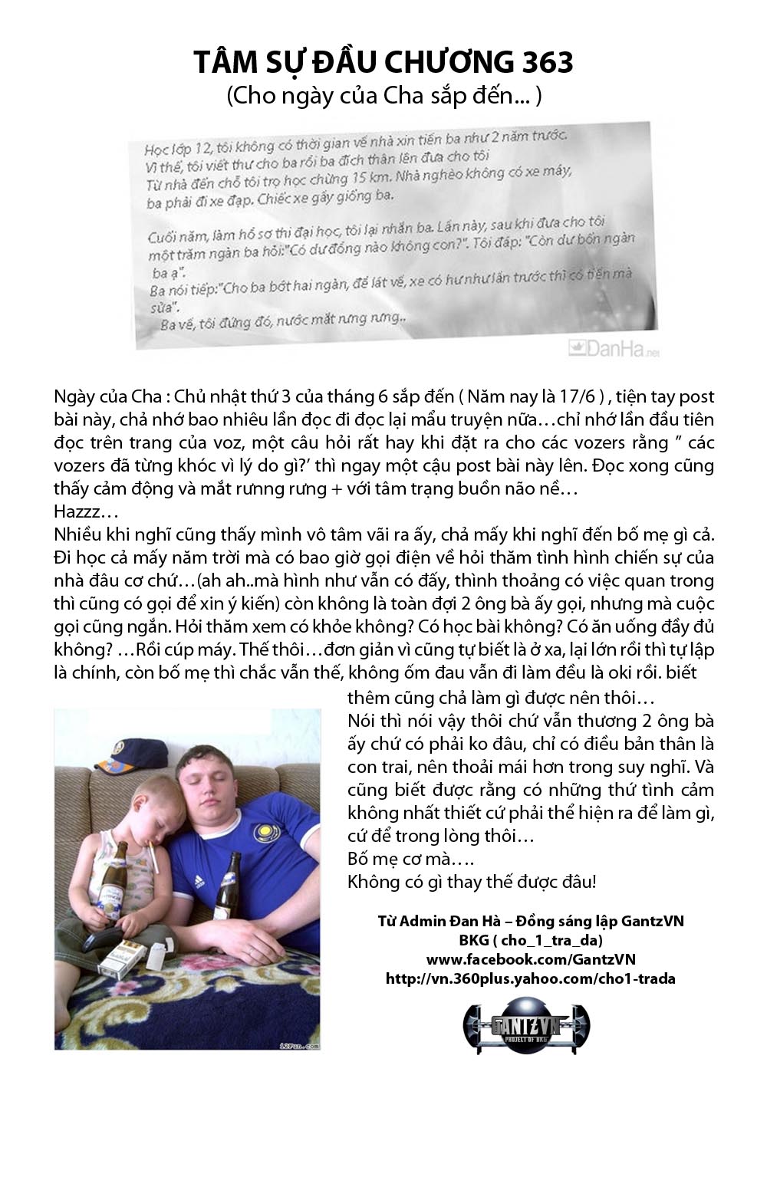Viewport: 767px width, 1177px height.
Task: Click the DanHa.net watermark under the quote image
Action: (x=614, y=349)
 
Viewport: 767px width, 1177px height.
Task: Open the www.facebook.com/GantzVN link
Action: (x=530, y=959)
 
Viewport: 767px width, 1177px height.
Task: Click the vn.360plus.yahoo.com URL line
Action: (x=530, y=978)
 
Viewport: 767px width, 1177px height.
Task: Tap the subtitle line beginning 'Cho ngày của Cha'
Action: (x=383, y=96)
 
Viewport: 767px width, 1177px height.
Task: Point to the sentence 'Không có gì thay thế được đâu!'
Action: (x=472, y=881)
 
